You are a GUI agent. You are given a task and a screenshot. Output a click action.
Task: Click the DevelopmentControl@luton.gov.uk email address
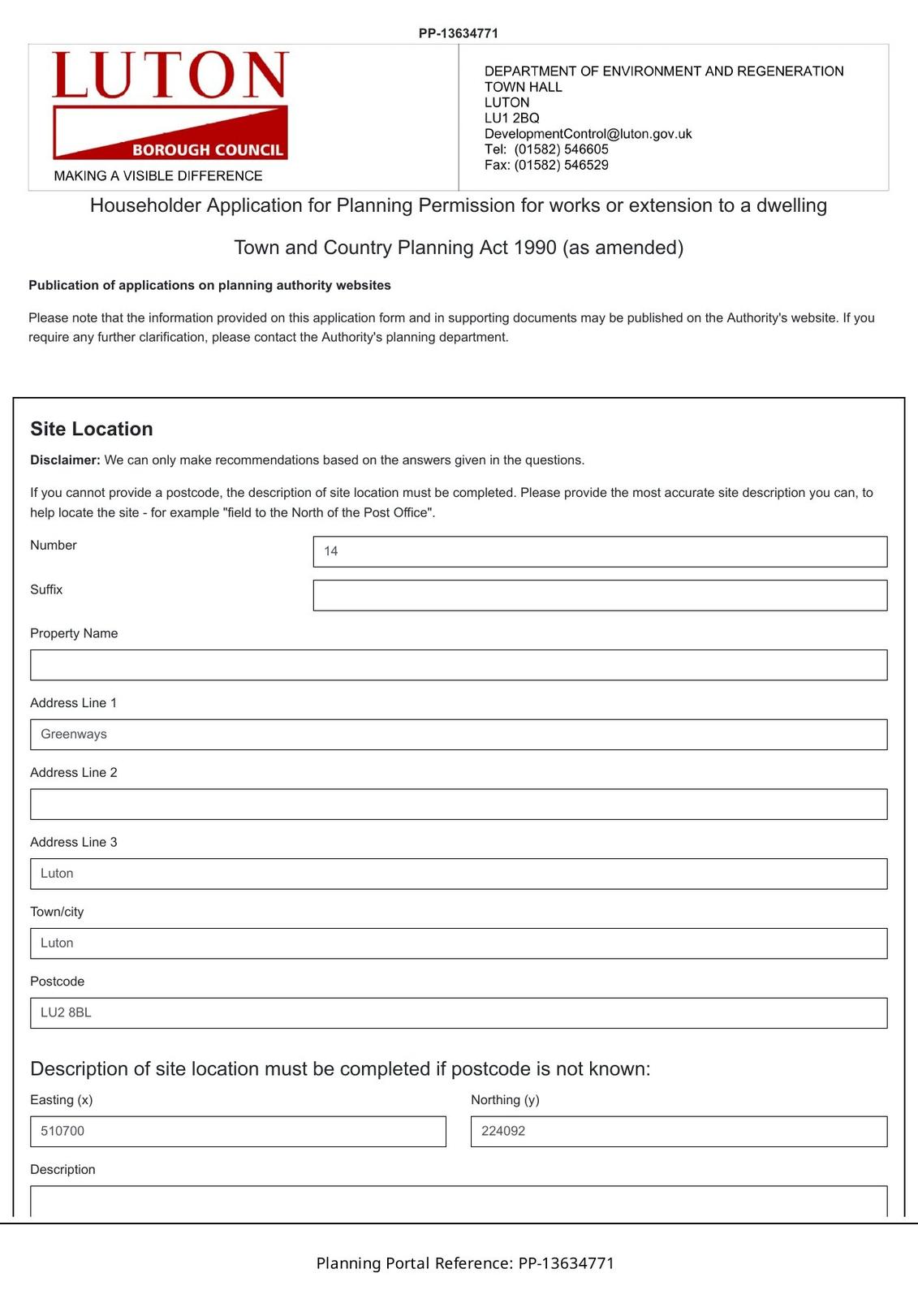(588, 134)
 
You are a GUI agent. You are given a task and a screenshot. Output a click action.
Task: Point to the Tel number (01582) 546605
(561, 149)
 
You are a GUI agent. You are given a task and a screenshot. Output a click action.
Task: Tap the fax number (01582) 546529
(561, 165)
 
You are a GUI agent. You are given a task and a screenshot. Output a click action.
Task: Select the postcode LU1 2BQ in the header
(512, 118)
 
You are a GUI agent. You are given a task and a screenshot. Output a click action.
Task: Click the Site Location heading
(92, 429)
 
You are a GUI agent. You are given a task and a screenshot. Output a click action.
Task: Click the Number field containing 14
(600, 551)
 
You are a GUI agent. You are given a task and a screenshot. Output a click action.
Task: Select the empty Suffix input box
(600, 595)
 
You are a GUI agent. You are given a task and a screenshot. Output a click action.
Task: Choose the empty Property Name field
(459, 665)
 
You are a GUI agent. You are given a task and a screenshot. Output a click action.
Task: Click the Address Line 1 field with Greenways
(459, 735)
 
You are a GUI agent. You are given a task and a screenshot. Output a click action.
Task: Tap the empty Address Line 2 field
(459, 804)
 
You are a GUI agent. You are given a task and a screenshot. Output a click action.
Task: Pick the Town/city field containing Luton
(459, 943)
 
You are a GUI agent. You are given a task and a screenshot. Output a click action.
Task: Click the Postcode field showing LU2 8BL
(459, 1013)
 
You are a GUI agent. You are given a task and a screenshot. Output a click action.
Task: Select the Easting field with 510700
(238, 1132)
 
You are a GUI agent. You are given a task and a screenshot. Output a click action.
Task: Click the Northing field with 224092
(679, 1132)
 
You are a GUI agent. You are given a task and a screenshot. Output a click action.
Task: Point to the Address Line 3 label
(74, 842)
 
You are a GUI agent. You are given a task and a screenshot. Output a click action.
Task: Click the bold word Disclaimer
(65, 460)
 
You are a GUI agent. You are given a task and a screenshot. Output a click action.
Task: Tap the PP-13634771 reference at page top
(459, 33)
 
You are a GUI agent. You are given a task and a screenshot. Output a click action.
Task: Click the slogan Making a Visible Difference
(158, 175)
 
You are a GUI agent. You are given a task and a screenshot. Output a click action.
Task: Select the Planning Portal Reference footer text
(465, 1263)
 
